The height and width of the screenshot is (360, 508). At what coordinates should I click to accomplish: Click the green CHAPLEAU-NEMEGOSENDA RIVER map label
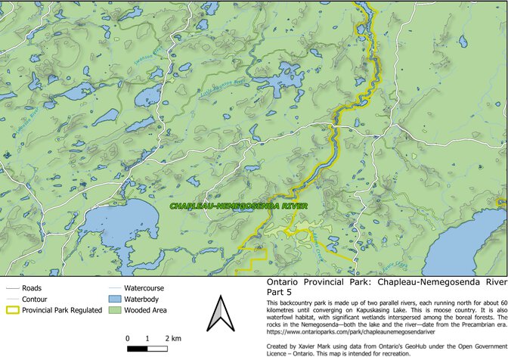(238, 206)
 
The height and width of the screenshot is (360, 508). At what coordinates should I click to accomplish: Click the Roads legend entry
(32, 288)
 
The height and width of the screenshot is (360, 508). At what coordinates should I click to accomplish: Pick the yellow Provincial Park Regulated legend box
(11, 309)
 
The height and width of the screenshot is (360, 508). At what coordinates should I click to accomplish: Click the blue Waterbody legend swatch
(112, 299)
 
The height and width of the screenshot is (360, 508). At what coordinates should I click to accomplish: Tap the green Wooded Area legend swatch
(112, 309)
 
